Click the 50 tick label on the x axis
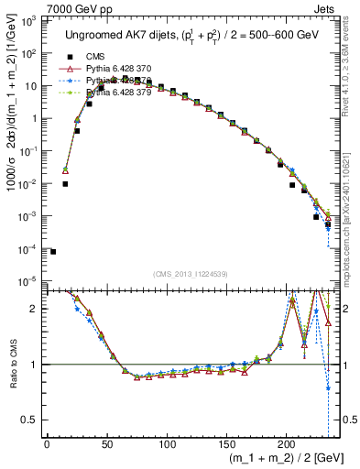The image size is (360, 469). pyautogui.click(x=106, y=445)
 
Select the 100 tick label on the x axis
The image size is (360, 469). pyautogui.click(x=166, y=445)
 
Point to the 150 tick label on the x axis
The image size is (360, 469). pyautogui.click(x=226, y=445)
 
